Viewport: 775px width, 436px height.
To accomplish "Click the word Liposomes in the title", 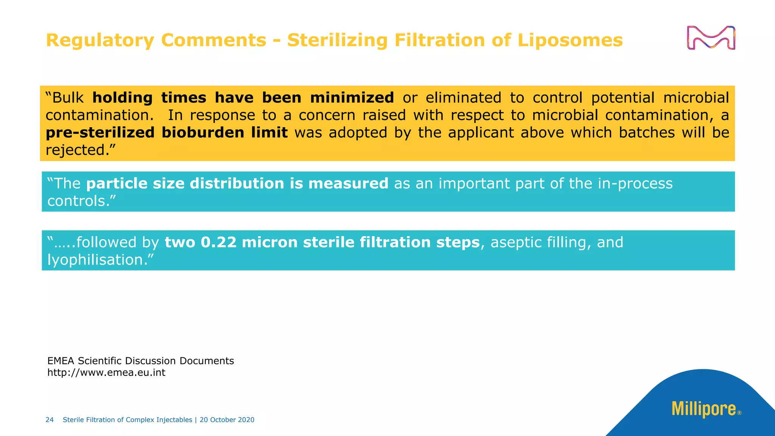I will (570, 40).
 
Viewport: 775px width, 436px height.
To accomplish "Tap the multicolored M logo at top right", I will (711, 38).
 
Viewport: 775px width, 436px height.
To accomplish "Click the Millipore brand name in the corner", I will (703, 409).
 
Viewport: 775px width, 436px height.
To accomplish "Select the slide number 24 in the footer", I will (50, 420).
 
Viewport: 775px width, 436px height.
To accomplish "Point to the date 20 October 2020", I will (227, 420).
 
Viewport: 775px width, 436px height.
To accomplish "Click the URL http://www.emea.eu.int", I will (106, 373).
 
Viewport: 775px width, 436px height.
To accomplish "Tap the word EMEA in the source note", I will (61, 361).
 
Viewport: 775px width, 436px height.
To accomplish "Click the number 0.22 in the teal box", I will (219, 243).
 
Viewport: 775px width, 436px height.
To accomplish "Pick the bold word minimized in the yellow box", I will (352, 98).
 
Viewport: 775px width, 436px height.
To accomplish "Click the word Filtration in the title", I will (439, 40).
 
